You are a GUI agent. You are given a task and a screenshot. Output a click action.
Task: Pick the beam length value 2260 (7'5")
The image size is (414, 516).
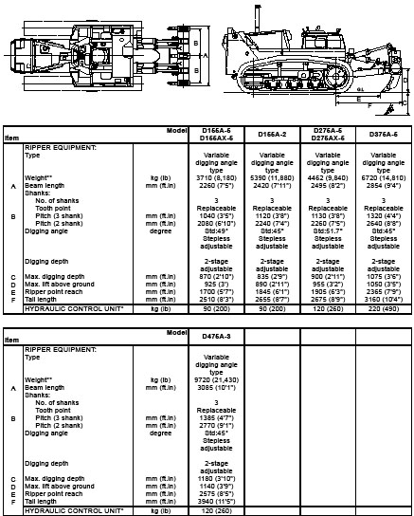[204, 187]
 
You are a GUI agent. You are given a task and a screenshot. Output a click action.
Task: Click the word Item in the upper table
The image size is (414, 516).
[11, 138]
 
